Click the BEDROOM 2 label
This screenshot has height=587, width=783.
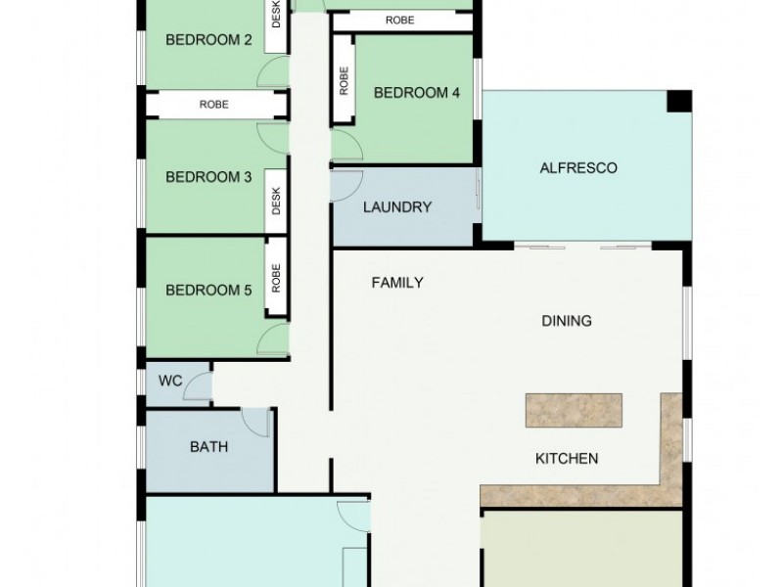(x=208, y=40)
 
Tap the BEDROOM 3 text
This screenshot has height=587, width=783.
(x=208, y=177)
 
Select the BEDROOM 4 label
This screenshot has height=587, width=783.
(x=416, y=93)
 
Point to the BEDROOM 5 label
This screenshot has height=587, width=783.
(x=208, y=291)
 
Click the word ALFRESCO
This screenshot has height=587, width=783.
(x=578, y=168)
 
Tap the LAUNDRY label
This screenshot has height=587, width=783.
(x=397, y=207)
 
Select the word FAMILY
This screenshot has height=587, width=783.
(x=397, y=283)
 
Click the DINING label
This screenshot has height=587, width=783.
(x=567, y=321)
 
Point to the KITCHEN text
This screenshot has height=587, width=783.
(x=566, y=458)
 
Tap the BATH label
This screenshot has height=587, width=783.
(x=208, y=447)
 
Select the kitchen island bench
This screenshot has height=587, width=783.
(x=574, y=410)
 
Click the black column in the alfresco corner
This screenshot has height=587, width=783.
(x=678, y=102)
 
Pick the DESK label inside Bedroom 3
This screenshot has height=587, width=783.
(x=276, y=201)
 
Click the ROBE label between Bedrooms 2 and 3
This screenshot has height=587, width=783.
(x=214, y=105)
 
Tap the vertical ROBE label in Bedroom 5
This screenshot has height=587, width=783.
(x=276, y=279)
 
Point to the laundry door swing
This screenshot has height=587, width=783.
(x=345, y=186)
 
